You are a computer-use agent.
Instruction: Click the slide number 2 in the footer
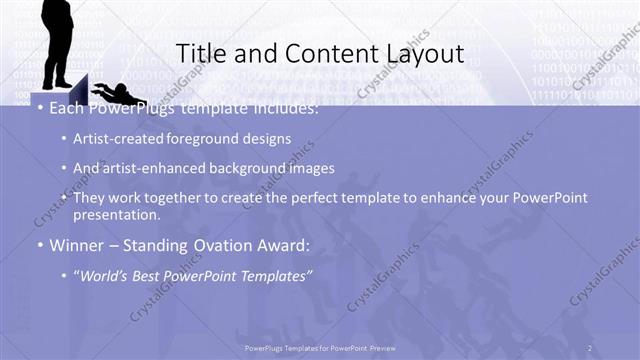coord(589,347)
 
